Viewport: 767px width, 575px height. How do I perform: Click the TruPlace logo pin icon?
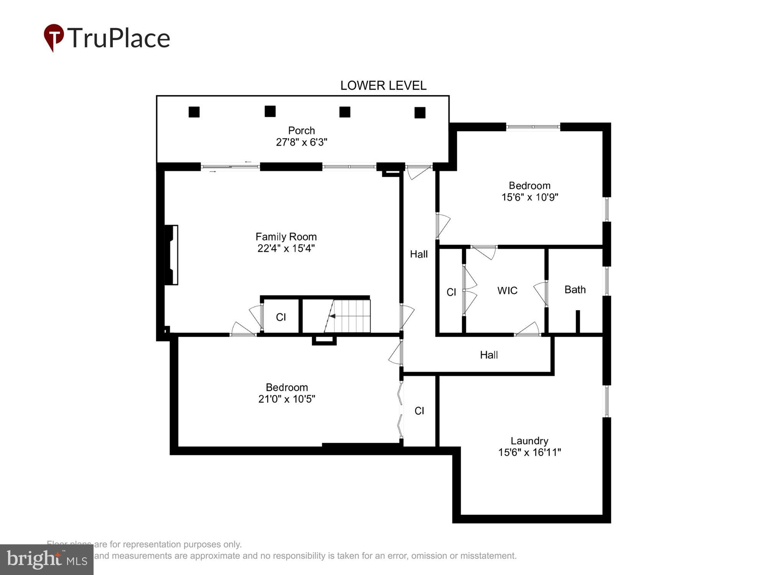54,37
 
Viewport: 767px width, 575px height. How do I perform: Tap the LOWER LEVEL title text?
383,85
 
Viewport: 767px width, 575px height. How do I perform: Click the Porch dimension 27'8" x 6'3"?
301,142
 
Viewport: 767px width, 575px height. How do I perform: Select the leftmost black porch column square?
194,112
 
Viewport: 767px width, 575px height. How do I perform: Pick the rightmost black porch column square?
420,113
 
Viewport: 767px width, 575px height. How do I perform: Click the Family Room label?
286,237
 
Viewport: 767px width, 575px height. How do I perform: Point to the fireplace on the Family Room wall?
171,255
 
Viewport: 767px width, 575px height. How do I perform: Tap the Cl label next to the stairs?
281,317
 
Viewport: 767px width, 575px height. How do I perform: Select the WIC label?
507,291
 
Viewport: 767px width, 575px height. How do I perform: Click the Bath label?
575,289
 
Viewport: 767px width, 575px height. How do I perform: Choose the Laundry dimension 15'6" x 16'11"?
529,452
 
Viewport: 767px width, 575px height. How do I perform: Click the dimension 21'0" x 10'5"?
286,399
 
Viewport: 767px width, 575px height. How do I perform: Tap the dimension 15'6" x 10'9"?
530,197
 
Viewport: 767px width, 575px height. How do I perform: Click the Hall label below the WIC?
489,355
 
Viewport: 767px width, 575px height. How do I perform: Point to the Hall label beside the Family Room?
418,254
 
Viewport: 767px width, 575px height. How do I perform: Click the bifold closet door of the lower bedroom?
401,410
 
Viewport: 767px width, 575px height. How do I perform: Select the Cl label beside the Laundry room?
419,411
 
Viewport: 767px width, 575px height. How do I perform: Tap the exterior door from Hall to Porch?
419,171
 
